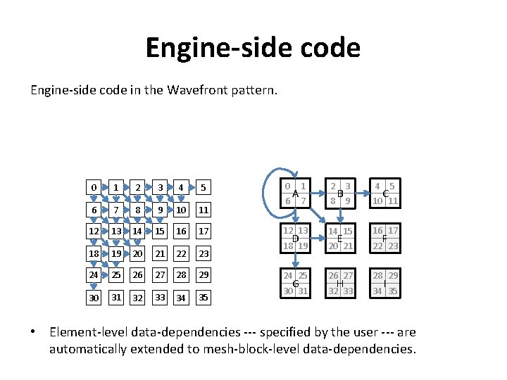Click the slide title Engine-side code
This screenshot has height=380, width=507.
(253, 48)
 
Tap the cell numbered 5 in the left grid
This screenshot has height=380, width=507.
(203, 188)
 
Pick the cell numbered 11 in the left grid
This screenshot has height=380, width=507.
(203, 210)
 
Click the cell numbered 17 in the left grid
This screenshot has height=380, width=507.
(203, 232)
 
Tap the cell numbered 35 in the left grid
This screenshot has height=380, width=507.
(203, 298)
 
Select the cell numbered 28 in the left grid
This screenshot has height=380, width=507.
(181, 275)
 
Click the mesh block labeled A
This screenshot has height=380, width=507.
(296, 194)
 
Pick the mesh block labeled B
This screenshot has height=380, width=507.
(340, 194)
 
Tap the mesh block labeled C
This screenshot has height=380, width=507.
(385, 194)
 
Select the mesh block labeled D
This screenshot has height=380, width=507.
(296, 239)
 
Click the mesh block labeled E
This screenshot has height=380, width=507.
(340, 239)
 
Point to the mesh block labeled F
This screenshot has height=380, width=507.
(385, 239)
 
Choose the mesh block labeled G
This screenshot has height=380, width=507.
(296, 283)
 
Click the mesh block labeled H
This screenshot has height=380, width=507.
(340, 283)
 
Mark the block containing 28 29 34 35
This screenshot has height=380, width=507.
(385, 283)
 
